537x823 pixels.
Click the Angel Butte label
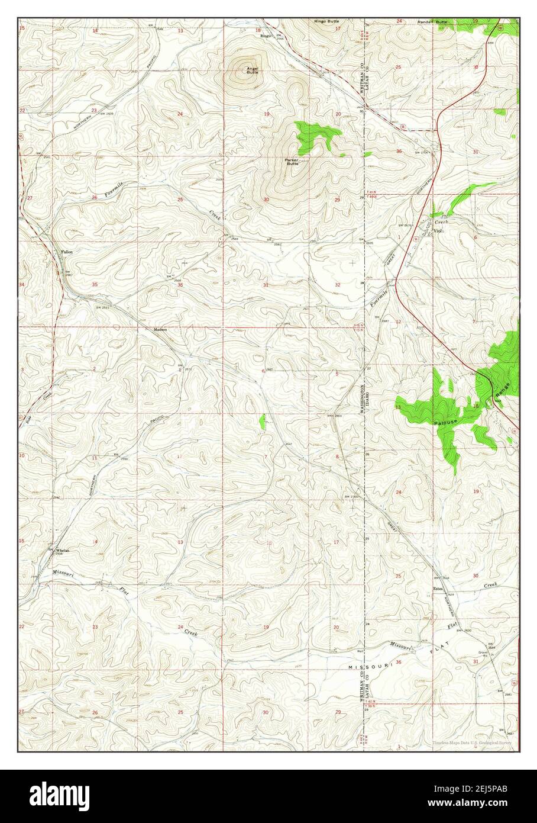tap(253, 70)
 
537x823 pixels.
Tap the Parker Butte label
tap(292, 161)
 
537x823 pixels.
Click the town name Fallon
tap(67, 252)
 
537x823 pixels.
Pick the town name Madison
tap(160, 330)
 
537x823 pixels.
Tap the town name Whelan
tap(63, 550)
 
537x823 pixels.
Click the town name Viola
tap(438, 231)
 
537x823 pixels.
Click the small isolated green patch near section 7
tap(262, 421)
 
